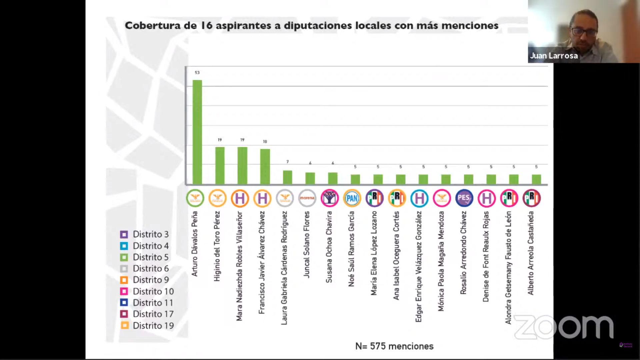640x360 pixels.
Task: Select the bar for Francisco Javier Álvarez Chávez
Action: pyautogui.click(x=265, y=166)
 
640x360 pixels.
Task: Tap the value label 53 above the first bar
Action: pyautogui.click(x=197, y=73)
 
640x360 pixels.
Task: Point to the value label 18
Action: pyautogui.click(x=265, y=142)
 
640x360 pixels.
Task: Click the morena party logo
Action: pyautogui.click(x=307, y=198)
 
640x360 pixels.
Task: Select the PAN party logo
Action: pyautogui.click(x=352, y=198)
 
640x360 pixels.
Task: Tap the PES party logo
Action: pyautogui.click(x=464, y=198)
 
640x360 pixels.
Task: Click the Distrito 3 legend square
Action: pyautogui.click(x=124, y=234)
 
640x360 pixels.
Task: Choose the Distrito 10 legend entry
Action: pyautogui.click(x=147, y=291)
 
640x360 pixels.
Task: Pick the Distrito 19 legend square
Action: pyautogui.click(x=124, y=325)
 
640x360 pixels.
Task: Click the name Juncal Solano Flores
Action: pyautogui.click(x=307, y=244)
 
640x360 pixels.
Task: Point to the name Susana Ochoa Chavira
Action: pyautogui.click(x=329, y=247)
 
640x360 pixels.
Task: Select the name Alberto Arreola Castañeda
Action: pyautogui.click(x=531, y=253)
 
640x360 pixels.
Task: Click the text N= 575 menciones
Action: pyautogui.click(x=394, y=346)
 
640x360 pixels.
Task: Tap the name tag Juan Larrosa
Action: pyautogui.click(x=554, y=56)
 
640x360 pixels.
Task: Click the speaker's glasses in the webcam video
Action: pyautogui.click(x=584, y=32)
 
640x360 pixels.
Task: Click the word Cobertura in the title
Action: pyautogui.click(x=152, y=26)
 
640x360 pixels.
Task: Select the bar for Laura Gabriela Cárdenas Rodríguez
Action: pyautogui.click(x=287, y=177)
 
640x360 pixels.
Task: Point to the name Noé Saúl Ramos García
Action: pyautogui.click(x=351, y=249)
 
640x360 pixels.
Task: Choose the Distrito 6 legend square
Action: pyautogui.click(x=124, y=269)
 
